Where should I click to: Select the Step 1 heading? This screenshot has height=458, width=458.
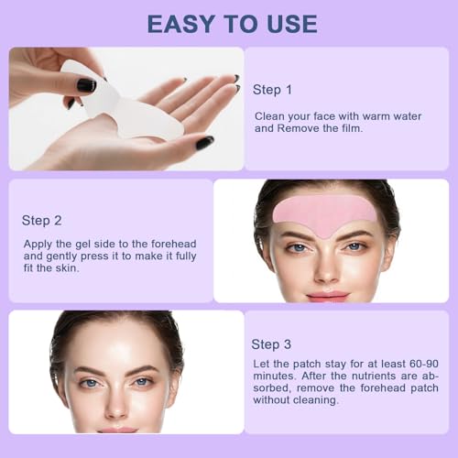273,92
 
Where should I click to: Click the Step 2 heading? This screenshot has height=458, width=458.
41,220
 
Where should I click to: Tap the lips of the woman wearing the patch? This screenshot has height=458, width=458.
327,295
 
